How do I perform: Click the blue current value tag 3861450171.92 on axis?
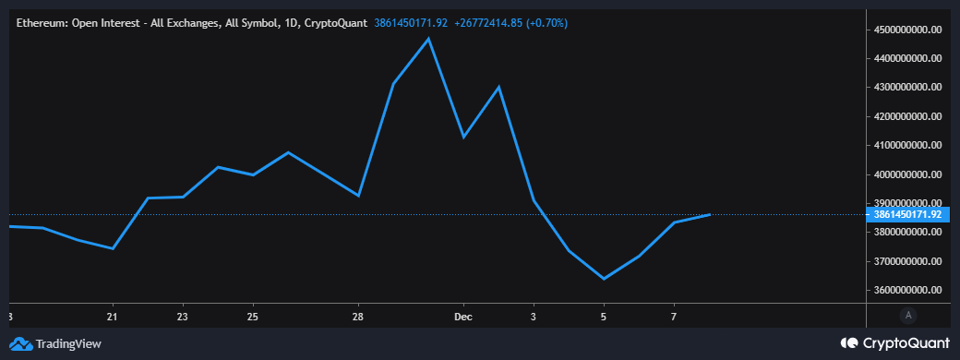(x=908, y=214)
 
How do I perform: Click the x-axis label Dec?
(x=463, y=317)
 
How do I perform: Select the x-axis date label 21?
(x=113, y=317)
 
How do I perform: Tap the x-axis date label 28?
(x=358, y=317)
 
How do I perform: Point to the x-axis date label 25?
(x=253, y=317)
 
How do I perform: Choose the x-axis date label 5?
(x=604, y=317)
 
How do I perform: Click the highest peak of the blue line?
(x=428, y=39)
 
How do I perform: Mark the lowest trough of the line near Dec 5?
(x=604, y=279)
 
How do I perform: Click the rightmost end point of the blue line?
(x=710, y=214)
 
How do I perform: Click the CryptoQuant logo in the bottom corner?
(x=894, y=343)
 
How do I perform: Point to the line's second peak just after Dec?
(x=498, y=87)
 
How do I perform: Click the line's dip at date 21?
(x=113, y=248)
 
